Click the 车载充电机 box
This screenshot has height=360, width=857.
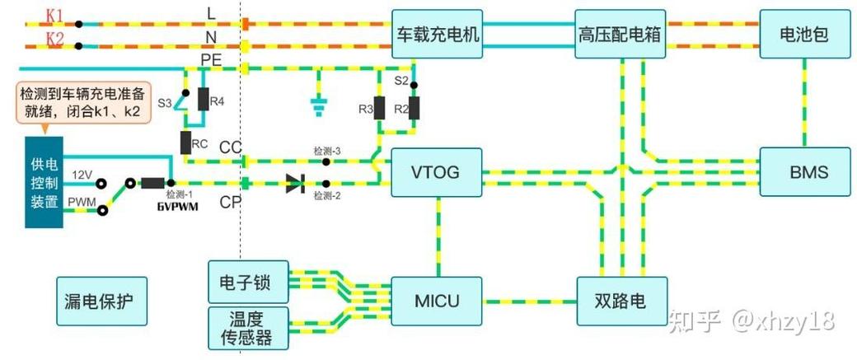437,35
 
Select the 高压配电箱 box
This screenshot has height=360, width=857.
621,35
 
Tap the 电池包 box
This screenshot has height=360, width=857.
803,35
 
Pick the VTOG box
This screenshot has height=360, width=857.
436,172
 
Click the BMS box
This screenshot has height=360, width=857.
804,172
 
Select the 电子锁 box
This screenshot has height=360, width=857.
251,283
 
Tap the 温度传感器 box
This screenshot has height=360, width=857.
251,328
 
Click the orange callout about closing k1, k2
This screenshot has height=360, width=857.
82,102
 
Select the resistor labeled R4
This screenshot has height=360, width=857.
203,101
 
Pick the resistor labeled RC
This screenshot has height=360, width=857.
186,142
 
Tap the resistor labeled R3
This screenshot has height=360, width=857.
379,109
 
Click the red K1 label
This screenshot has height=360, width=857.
55,14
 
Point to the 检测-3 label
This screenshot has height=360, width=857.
326,151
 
